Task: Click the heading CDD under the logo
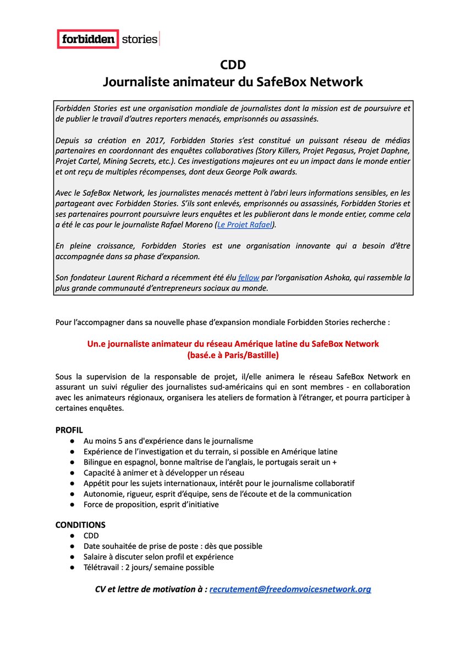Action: click(x=233, y=65)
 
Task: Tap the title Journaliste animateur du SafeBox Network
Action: click(x=233, y=82)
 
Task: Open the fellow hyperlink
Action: click(x=249, y=278)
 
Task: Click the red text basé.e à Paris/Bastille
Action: click(x=233, y=355)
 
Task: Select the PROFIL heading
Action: click(x=69, y=430)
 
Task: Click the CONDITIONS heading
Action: click(x=80, y=525)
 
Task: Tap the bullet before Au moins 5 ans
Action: click(x=72, y=441)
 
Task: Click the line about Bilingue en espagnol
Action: click(x=210, y=462)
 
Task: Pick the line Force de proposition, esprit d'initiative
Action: click(x=151, y=504)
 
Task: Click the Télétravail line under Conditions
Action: click(x=149, y=567)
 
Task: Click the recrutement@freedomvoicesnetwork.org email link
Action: click(x=290, y=589)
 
